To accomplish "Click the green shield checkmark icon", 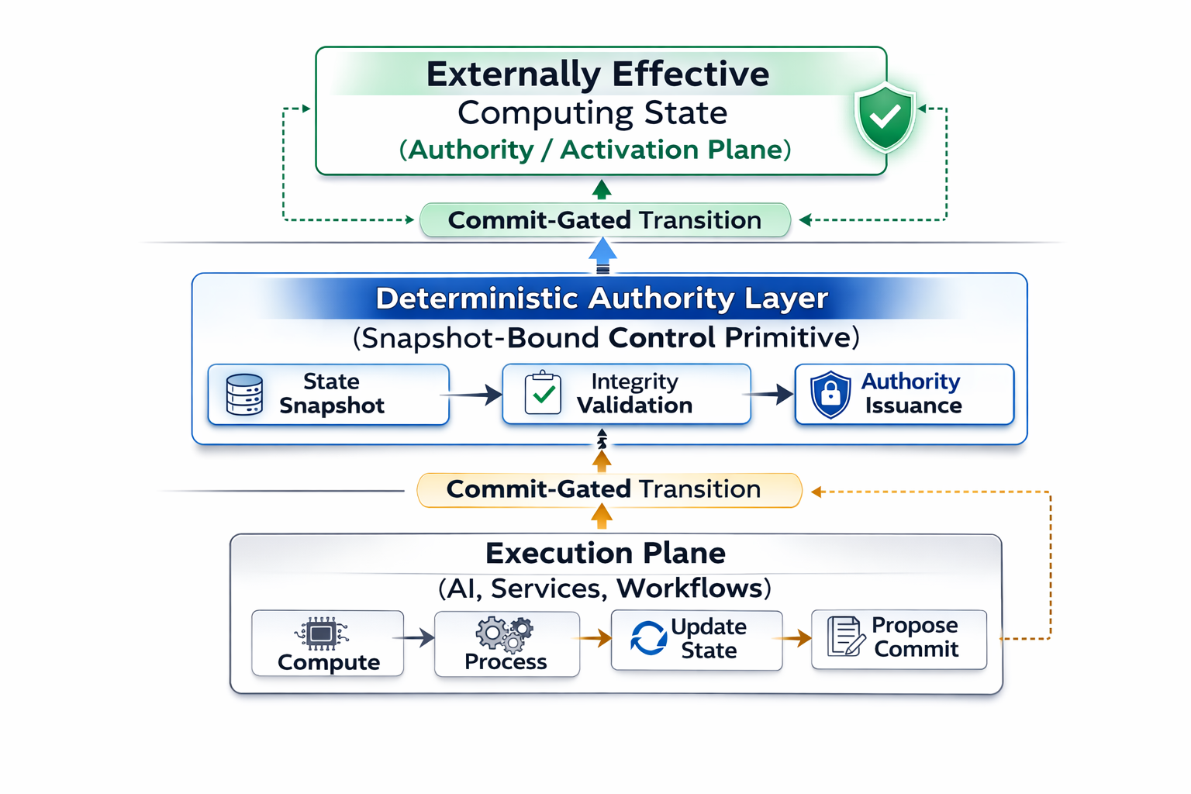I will [x=885, y=117].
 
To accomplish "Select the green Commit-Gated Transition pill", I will [x=605, y=220].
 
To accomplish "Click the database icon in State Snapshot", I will [x=244, y=395].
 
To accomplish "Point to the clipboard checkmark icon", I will [x=543, y=393].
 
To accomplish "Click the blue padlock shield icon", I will [x=830, y=394].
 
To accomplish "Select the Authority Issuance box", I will [x=904, y=395].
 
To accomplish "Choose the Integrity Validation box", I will [x=626, y=394].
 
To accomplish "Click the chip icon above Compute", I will [x=321, y=633].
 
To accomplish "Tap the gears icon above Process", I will [x=505, y=633].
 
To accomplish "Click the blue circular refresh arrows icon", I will [x=648, y=638].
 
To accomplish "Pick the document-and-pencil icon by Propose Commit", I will [x=846, y=637].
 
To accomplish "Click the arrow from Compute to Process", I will [x=415, y=638].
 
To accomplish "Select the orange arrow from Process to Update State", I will [x=594, y=638].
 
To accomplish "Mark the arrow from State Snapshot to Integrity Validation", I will [x=473, y=395].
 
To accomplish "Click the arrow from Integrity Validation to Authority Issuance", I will [x=770, y=395].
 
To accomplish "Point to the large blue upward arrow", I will [x=602, y=254].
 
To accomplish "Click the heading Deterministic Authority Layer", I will [x=602, y=299].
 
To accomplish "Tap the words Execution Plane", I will [x=606, y=554].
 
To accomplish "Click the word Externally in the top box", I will [x=513, y=74].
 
